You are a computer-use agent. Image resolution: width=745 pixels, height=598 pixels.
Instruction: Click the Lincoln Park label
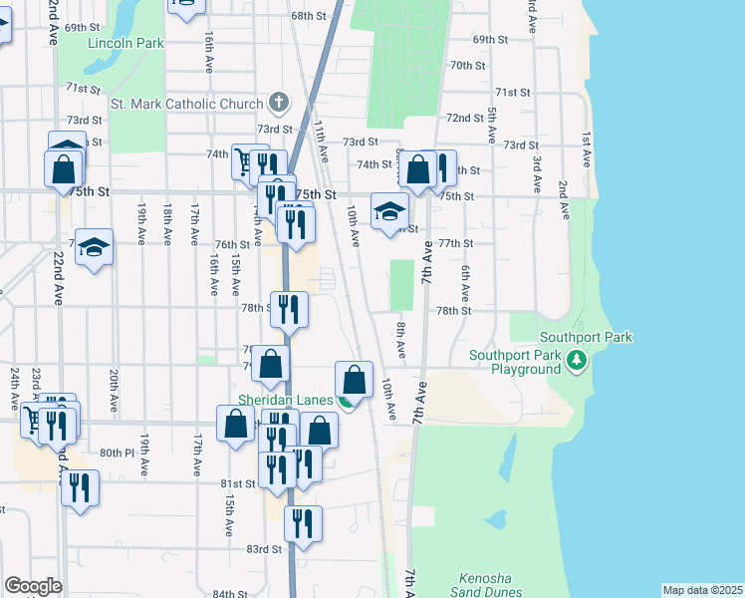(x=124, y=44)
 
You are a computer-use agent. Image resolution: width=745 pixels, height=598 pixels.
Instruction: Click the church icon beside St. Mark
(x=278, y=103)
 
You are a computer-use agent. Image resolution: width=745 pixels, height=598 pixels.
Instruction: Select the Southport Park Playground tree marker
(x=576, y=360)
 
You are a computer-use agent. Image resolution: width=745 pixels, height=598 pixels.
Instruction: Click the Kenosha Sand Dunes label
(x=485, y=585)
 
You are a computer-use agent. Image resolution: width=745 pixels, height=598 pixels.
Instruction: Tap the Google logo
(x=33, y=586)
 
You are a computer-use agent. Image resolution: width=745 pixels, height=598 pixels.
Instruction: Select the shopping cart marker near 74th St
(x=245, y=159)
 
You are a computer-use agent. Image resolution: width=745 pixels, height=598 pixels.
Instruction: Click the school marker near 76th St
(x=95, y=246)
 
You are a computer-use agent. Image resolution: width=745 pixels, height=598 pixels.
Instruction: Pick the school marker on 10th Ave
(x=389, y=211)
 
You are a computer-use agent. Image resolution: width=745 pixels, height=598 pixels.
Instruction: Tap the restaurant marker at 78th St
(x=289, y=309)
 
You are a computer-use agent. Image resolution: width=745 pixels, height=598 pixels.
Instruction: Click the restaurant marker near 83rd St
(x=303, y=524)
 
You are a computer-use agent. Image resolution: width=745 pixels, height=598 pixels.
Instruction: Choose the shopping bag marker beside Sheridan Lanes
(x=354, y=380)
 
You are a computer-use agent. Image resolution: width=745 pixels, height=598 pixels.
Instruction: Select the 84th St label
(x=229, y=594)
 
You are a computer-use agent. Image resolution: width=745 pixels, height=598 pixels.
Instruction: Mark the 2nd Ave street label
(x=563, y=200)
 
